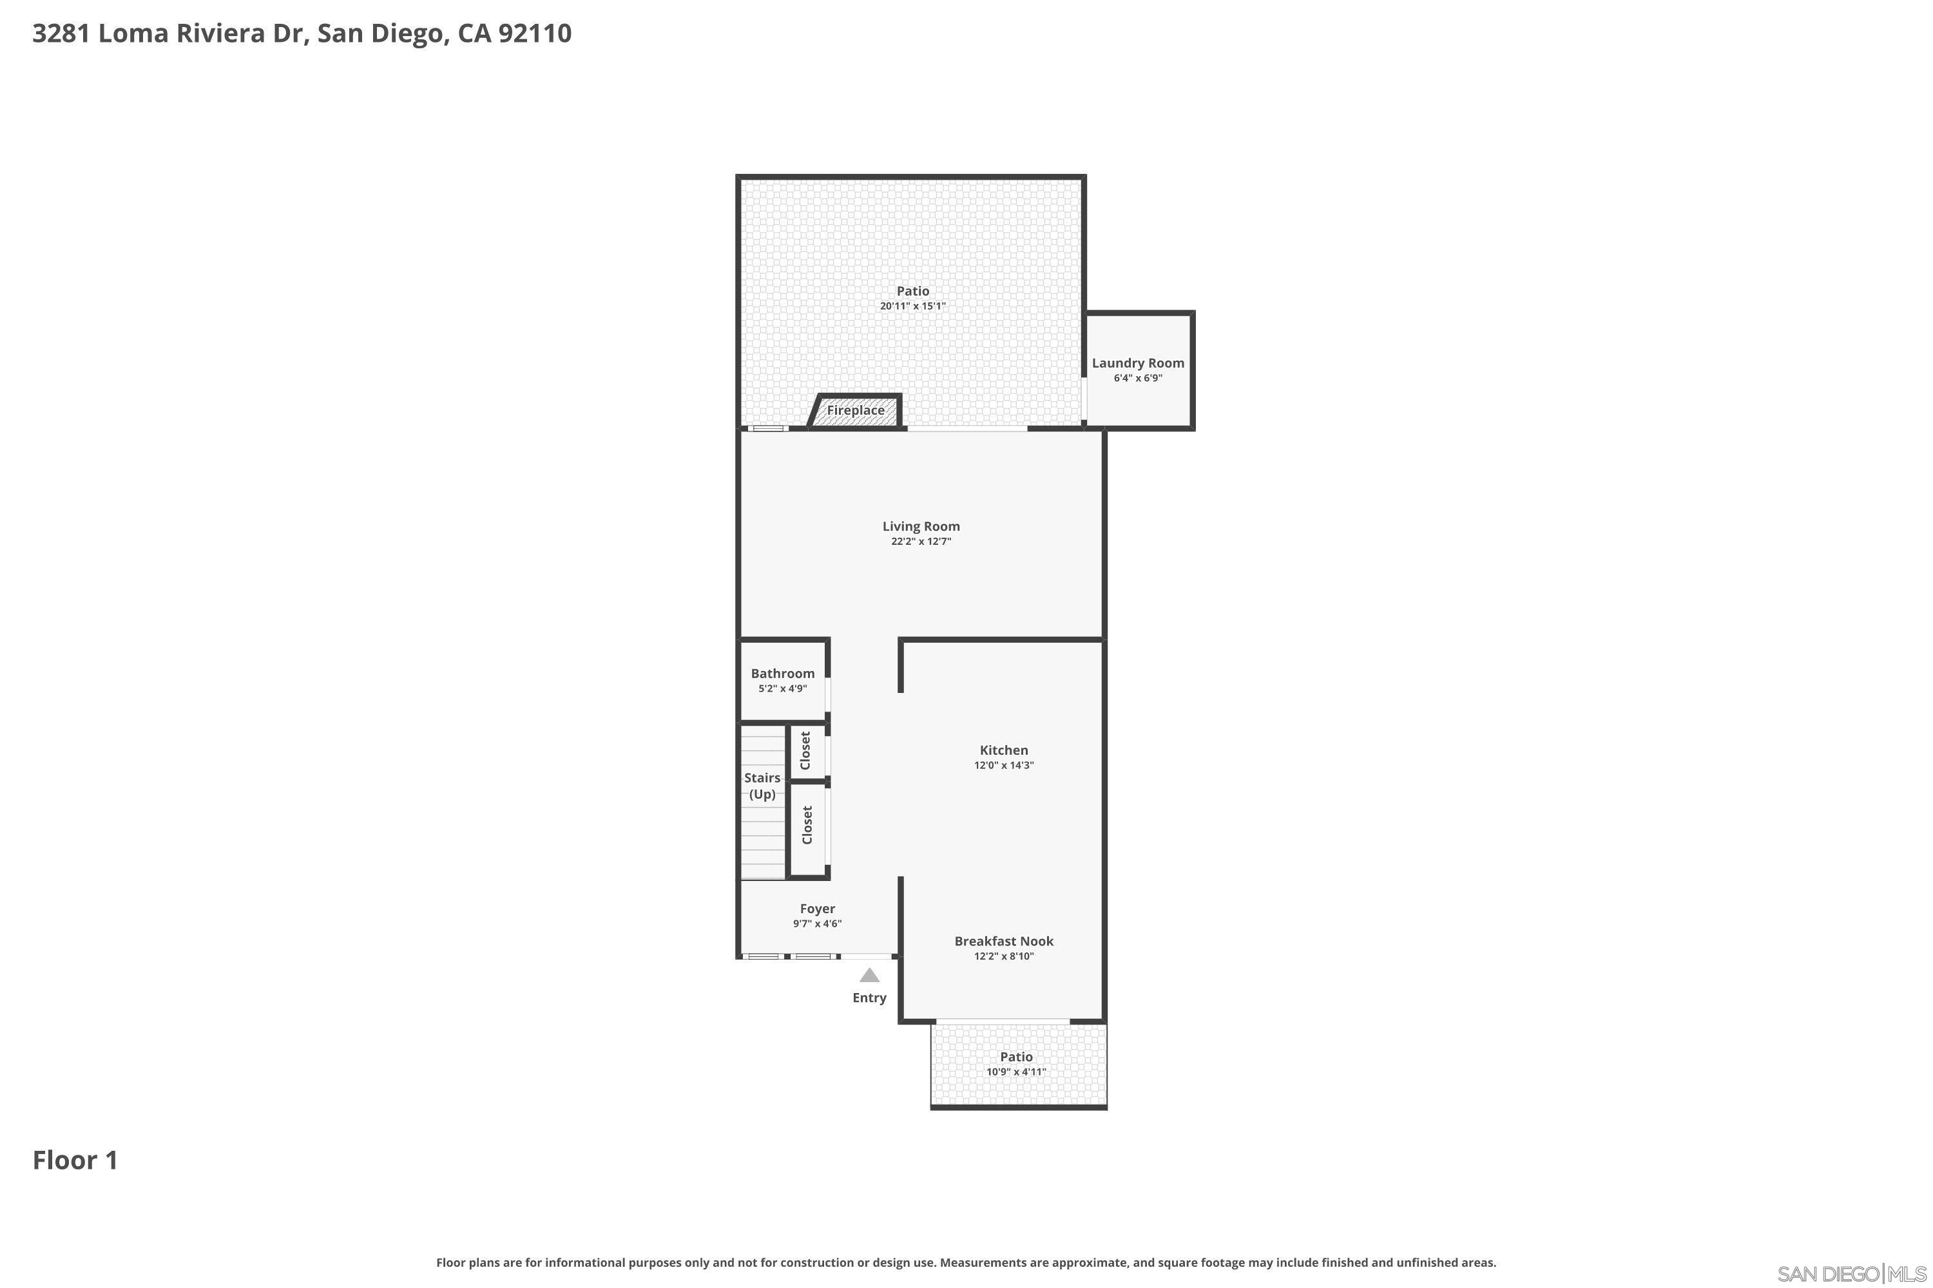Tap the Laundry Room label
click(1137, 363)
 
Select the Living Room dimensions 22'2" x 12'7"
click(921, 542)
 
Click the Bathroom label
click(782, 674)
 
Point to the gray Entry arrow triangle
click(869, 976)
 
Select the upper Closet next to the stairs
click(805, 751)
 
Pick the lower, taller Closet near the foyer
click(807, 825)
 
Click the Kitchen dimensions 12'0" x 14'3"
click(1003, 766)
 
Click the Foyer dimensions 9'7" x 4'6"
click(817, 924)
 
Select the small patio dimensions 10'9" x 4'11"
click(1016, 1072)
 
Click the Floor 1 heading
click(75, 1160)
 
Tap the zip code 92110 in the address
click(534, 33)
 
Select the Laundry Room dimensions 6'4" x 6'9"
click(1137, 379)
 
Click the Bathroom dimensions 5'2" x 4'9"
click(782, 689)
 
